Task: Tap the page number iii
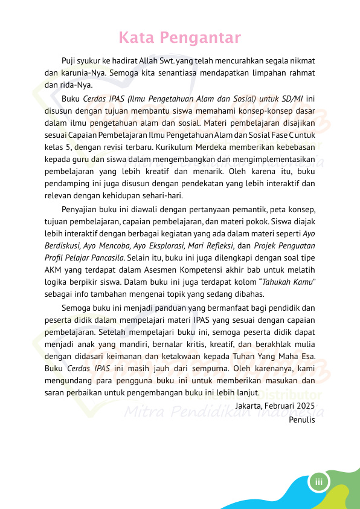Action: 318,482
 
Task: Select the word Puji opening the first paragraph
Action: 69,61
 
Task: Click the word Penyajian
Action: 81,210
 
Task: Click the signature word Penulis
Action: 302,418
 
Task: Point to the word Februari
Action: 279,406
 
